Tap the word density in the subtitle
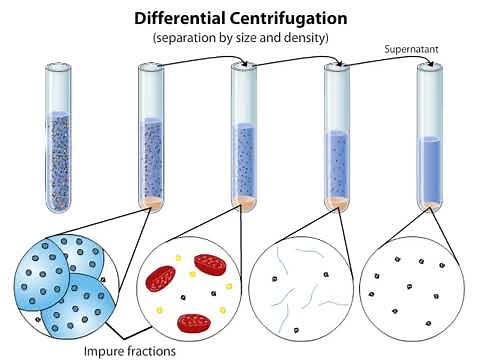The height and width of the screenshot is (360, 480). (x=308, y=37)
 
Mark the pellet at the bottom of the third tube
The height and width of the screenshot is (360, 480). (x=244, y=203)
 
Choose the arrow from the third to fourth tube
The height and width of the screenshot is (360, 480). (x=290, y=59)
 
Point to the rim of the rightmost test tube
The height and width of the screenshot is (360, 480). (x=430, y=66)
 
